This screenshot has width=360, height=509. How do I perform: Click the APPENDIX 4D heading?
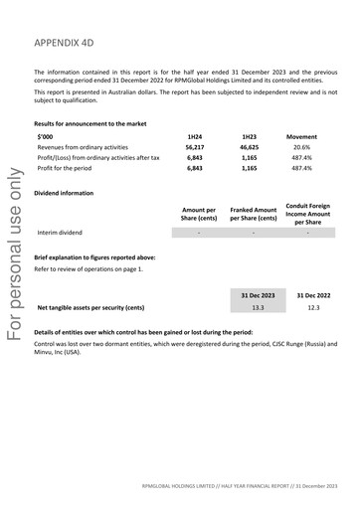coord(72,45)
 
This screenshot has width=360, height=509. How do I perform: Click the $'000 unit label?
coord(46,135)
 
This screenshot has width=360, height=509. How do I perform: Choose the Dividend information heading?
coord(68,193)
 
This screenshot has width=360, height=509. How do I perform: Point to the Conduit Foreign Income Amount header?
coord(307,214)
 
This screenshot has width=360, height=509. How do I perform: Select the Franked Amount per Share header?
coord(253,215)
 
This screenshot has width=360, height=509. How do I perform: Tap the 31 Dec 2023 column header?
coord(258,295)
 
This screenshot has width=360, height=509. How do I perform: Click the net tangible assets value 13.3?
coord(258,308)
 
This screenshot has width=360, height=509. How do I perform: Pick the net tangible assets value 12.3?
coord(312,308)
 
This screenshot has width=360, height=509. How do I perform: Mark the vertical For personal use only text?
coord(13,253)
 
